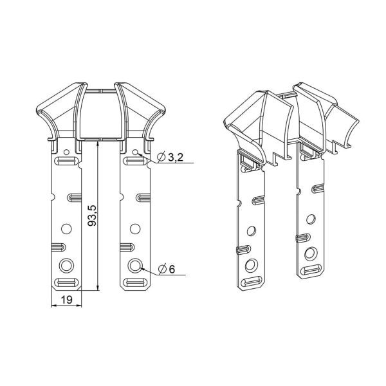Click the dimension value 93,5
pos(93,216)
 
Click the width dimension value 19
pos(66,300)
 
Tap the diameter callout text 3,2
pos(176,157)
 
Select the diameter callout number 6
pos(172,270)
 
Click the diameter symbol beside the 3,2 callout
pos(161,157)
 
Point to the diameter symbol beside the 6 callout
pos(162,270)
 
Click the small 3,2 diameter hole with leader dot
pos(135,152)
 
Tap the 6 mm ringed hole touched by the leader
pos(135,266)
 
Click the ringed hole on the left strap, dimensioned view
pos(66,266)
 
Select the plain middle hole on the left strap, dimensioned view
pos(66,229)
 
